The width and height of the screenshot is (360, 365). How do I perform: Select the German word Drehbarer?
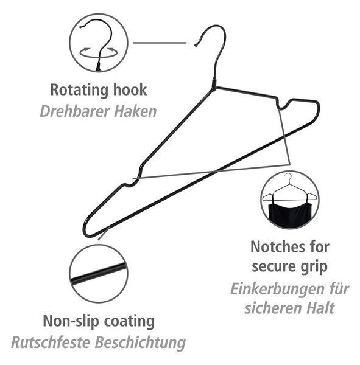(75, 111)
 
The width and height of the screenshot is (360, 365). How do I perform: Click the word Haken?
(135, 111)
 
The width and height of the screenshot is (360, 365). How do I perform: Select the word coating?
(129, 321)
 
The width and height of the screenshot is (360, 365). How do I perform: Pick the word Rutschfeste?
(51, 342)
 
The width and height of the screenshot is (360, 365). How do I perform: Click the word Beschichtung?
(140, 343)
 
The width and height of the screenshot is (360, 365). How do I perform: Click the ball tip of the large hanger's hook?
(196, 45)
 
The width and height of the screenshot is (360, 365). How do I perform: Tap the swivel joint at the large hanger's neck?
(214, 83)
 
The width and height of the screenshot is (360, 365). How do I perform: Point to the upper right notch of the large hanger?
(283, 105)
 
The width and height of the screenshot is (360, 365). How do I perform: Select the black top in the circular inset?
(289, 214)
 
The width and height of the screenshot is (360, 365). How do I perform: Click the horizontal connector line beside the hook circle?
(160, 43)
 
